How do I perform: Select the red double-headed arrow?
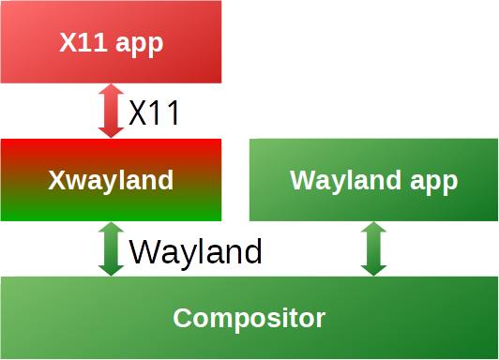(x=112, y=112)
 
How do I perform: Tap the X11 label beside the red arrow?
(x=154, y=113)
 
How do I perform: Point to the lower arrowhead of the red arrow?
(x=112, y=130)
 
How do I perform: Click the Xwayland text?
(x=111, y=180)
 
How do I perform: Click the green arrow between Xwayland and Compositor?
(x=112, y=248)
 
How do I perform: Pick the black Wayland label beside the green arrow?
(x=195, y=251)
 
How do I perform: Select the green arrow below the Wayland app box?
(x=373, y=248)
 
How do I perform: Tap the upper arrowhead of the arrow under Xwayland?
(x=112, y=230)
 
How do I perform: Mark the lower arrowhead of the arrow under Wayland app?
(x=373, y=268)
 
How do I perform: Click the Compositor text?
(x=249, y=318)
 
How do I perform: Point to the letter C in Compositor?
(x=182, y=318)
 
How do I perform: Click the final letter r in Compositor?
(x=320, y=319)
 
